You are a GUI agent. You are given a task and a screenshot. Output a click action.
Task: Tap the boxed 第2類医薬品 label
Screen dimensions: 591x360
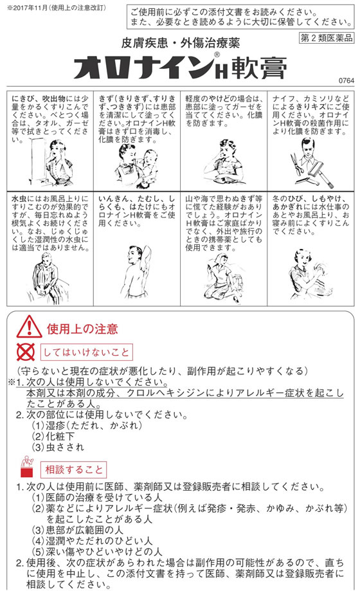pos(326,38)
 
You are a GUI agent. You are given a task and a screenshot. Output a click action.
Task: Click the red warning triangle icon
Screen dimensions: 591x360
pos(29,327)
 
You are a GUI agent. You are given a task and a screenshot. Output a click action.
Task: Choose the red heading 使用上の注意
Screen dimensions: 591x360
pos(82,329)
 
